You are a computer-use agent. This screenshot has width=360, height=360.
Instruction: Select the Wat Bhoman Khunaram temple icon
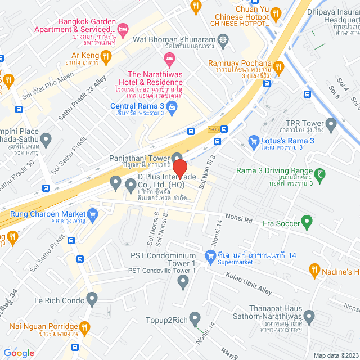224,40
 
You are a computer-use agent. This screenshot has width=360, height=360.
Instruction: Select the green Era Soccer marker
307,220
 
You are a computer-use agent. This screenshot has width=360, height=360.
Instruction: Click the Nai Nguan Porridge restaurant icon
85,326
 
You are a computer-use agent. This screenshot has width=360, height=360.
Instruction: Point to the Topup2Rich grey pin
195,317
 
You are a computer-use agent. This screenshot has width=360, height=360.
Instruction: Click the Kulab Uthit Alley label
249,282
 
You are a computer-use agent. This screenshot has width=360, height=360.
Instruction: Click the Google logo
19,353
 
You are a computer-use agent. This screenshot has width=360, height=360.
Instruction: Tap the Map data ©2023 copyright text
335,355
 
